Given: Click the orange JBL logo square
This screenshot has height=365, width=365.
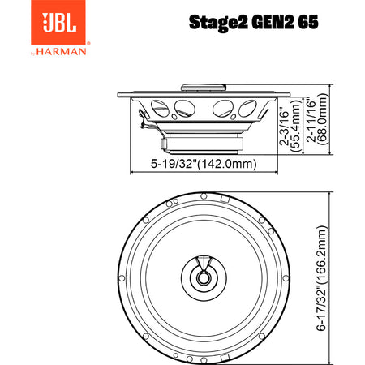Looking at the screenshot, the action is (x=58, y=22).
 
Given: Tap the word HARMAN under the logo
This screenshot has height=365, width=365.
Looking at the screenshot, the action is (x=62, y=51).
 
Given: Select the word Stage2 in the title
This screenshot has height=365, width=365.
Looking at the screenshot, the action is (x=218, y=23).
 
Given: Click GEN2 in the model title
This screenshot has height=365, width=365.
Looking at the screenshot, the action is (x=273, y=22).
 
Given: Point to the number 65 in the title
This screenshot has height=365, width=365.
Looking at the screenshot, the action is (x=308, y=22).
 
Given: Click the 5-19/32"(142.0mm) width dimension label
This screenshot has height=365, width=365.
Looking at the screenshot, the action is (x=204, y=164).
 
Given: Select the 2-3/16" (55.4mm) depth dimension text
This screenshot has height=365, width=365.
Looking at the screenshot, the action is (x=290, y=126).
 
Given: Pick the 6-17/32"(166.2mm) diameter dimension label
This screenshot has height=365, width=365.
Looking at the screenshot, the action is (x=321, y=278).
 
